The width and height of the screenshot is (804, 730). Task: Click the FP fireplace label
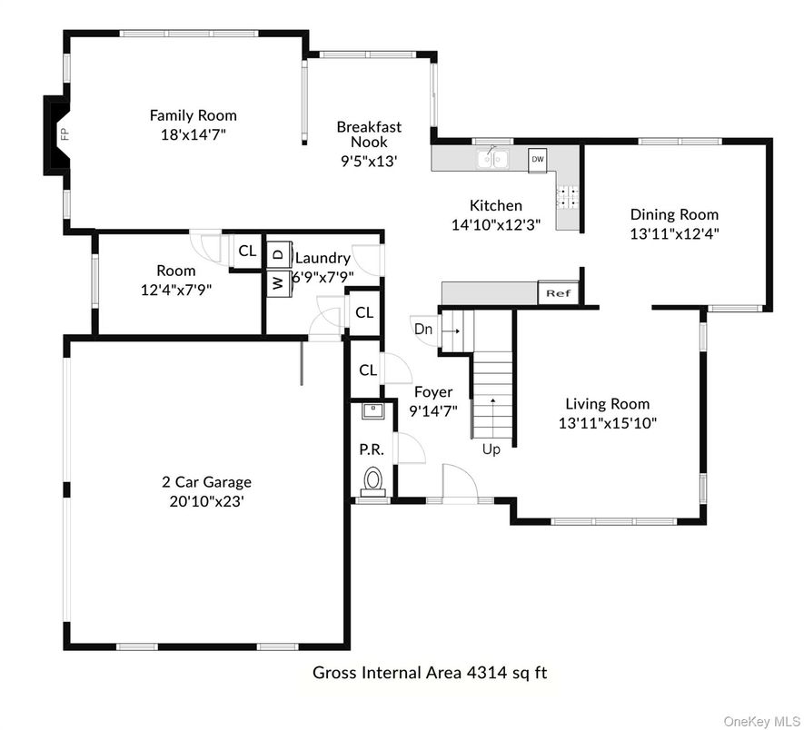65,133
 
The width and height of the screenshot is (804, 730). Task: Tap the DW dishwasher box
538,160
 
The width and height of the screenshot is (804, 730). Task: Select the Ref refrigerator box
559,293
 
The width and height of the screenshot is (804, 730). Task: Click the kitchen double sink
492,158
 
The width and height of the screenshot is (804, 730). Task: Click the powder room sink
372,411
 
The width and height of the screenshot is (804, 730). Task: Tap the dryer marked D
278,254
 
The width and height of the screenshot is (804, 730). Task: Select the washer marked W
278,283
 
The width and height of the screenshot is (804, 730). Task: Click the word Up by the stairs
491,449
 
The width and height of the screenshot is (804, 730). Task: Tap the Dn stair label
423,329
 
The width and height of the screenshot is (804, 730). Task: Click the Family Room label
194,115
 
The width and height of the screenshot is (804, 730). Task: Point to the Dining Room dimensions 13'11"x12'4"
674,233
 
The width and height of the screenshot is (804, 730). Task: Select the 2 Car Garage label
206,482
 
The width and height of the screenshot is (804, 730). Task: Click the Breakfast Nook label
369,133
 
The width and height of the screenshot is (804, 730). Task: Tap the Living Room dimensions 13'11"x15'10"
608,423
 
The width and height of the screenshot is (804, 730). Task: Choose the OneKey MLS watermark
760,722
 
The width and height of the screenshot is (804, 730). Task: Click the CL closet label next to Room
247,251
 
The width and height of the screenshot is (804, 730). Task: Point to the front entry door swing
460,482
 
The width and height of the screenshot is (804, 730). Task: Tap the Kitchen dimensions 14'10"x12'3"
496,224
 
